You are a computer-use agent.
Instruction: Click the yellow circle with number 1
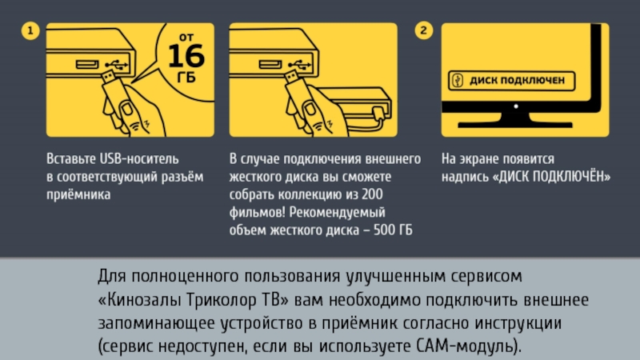coord(30,30)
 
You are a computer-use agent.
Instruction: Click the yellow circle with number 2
coord(424,30)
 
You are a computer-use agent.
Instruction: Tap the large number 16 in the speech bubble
coord(186,56)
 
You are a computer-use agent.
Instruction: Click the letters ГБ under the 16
coord(186,77)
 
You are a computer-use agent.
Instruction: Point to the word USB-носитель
coord(139,158)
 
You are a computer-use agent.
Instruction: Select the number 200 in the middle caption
coord(372,194)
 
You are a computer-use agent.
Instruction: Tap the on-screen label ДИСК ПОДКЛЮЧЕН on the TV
coord(517,80)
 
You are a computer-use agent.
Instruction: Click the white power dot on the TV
coord(516,106)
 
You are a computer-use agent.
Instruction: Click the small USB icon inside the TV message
coord(458,81)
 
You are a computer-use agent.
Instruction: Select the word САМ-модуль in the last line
coord(467,346)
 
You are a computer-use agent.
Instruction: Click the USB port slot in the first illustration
coord(87,64)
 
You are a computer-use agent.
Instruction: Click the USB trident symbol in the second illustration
coord(300,65)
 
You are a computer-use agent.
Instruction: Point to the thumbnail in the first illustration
coord(127,110)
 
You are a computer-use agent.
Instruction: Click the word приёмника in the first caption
coord(78,194)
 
